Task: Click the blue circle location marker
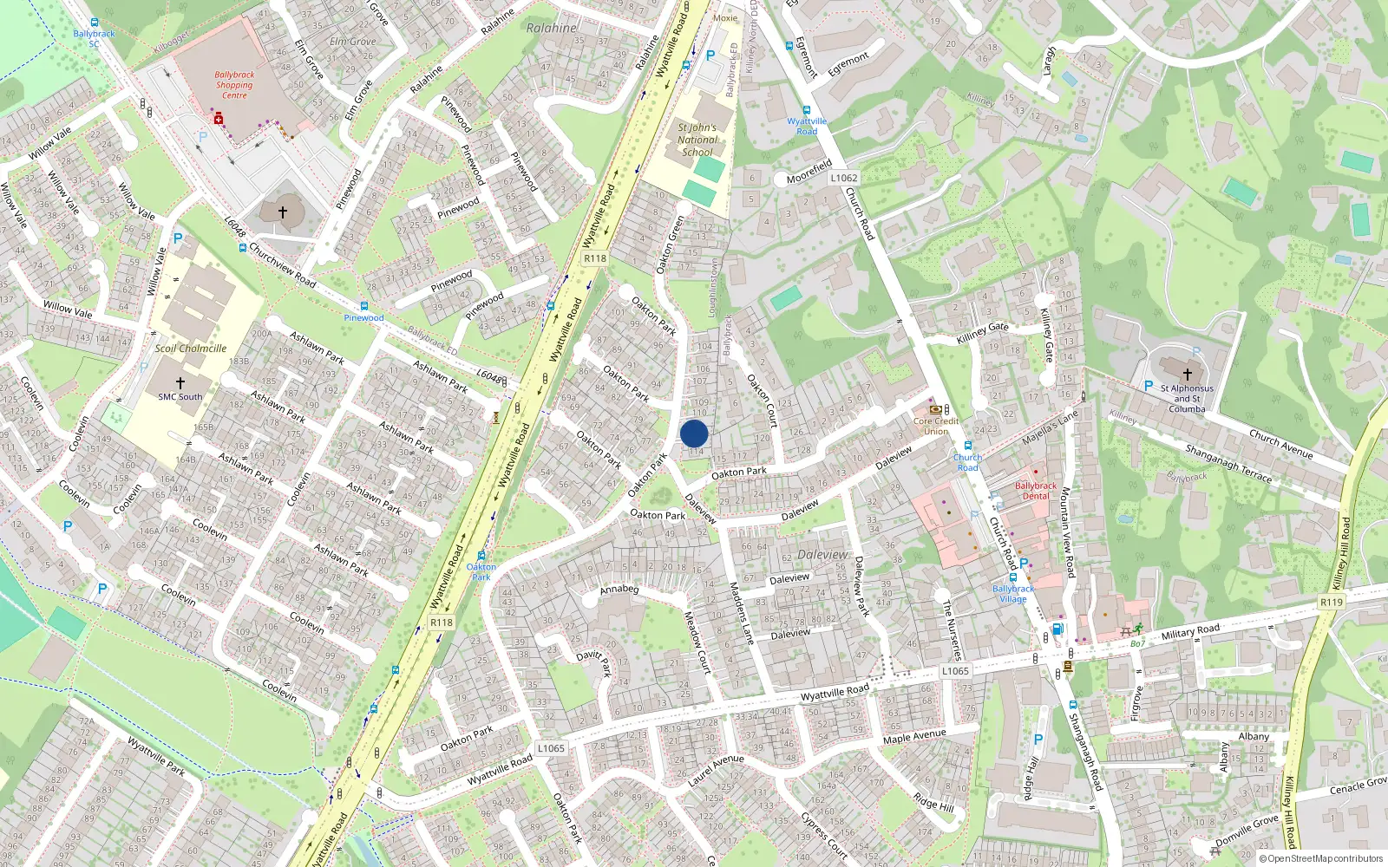pyautogui.click(x=694, y=433)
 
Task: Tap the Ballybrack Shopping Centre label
pyautogui.click(x=234, y=85)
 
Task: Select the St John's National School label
pyautogui.click(x=697, y=140)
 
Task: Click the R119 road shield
pyautogui.click(x=1331, y=602)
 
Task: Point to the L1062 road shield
pyautogui.click(x=843, y=178)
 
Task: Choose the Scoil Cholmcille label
pyautogui.click(x=191, y=349)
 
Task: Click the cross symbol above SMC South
pyautogui.click(x=180, y=382)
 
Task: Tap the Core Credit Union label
pyautogui.click(x=936, y=426)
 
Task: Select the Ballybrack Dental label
pyautogui.click(x=1036, y=491)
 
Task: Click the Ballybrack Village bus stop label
pyautogui.click(x=1012, y=594)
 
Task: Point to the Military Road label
pyautogui.click(x=1190, y=631)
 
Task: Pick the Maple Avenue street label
pyautogui.click(x=914, y=736)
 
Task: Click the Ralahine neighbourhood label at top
pyautogui.click(x=552, y=28)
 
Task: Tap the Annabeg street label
pyautogui.click(x=619, y=590)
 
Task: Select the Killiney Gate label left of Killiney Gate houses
pyautogui.click(x=982, y=333)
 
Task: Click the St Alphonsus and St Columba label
pyautogui.click(x=1187, y=399)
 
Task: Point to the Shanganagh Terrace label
pyautogui.click(x=1228, y=464)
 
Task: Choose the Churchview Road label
pyautogui.click(x=282, y=264)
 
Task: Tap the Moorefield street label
pyautogui.click(x=809, y=172)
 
